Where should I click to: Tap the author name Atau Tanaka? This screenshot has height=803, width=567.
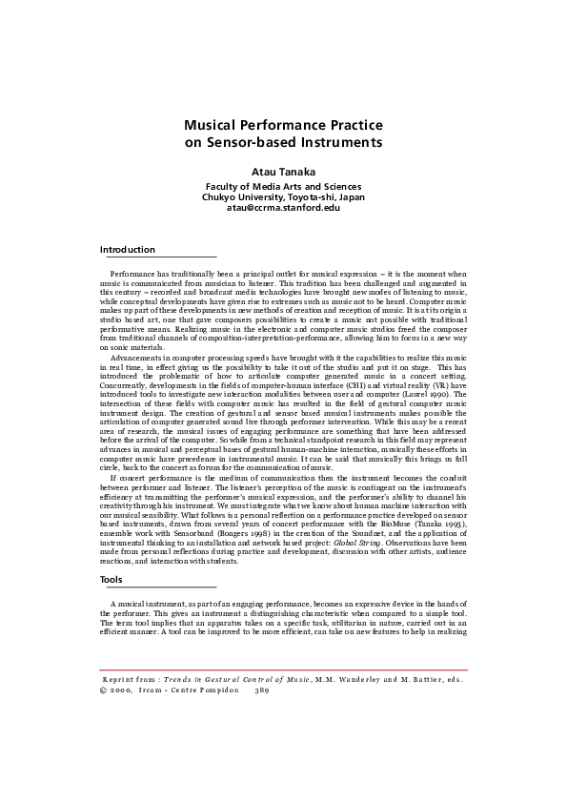point(283,173)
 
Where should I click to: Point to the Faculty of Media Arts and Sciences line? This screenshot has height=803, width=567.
point(283,187)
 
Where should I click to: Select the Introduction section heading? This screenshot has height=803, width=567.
point(127,250)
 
